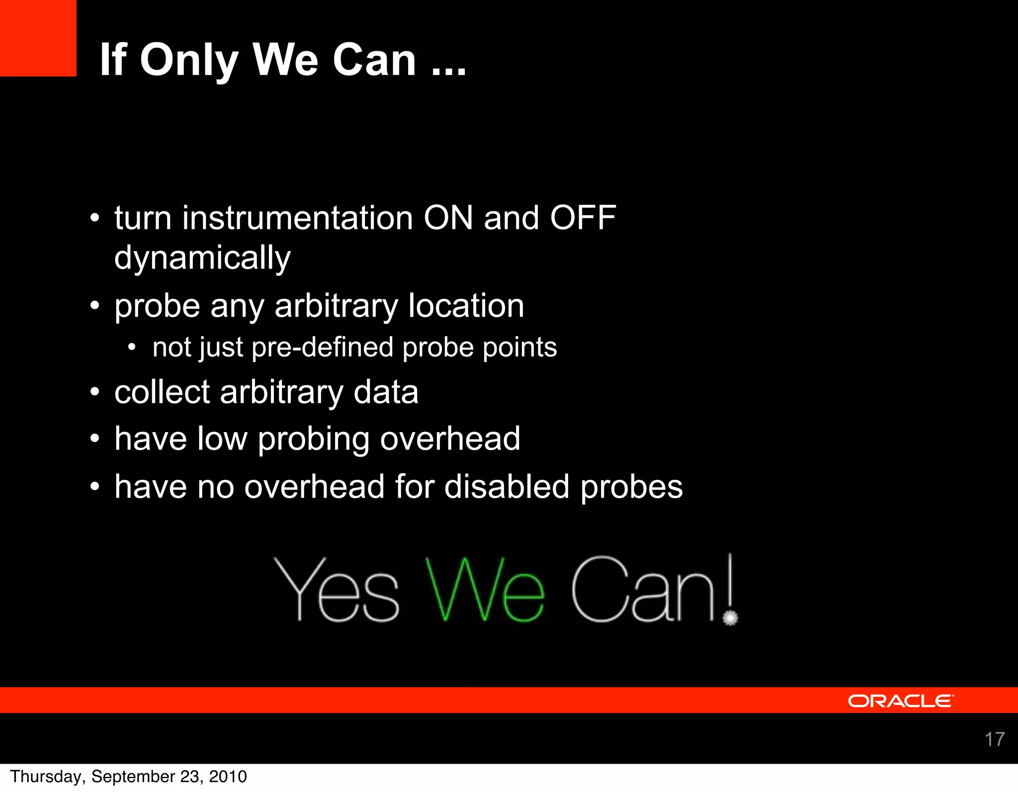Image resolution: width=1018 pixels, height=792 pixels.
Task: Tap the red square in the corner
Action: (38, 38)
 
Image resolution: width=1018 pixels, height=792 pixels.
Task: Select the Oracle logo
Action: (901, 701)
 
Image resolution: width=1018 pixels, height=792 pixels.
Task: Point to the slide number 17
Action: (995, 739)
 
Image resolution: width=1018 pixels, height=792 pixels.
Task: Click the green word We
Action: (485, 590)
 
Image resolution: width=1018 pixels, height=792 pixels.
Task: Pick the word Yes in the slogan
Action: (336, 590)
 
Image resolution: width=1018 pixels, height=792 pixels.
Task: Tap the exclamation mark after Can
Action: (730, 590)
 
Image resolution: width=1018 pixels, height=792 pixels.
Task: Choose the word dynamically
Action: (202, 259)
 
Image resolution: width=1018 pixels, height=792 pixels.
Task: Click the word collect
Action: (162, 392)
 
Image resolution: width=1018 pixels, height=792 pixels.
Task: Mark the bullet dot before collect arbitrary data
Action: (95, 393)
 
